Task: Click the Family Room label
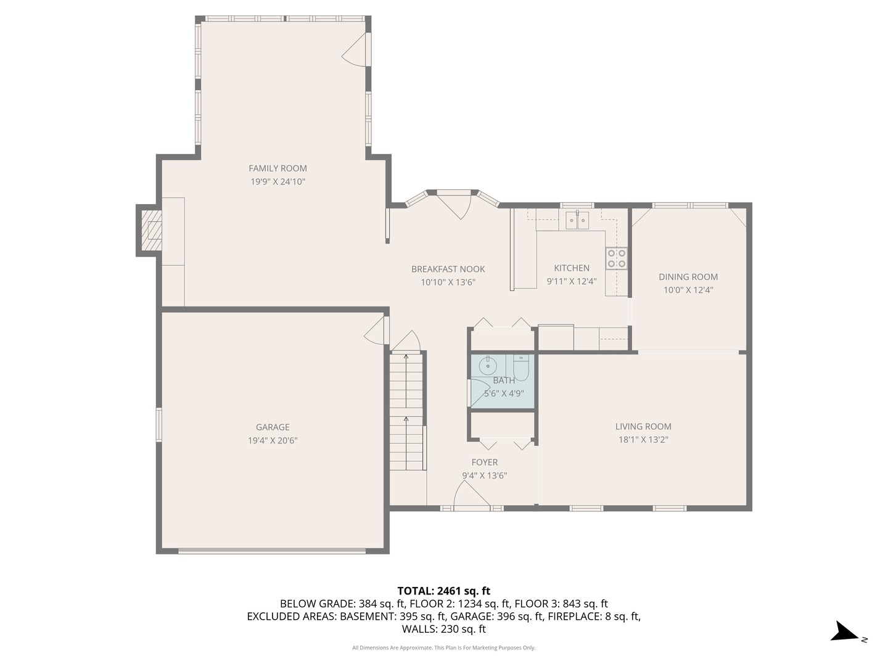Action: [x=277, y=168]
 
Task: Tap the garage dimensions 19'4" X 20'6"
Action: [x=273, y=440]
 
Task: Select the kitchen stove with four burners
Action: [x=616, y=258]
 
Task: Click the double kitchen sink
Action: [x=577, y=220]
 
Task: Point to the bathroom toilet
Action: [x=521, y=368]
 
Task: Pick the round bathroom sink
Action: [x=488, y=365]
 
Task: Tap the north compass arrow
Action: [x=844, y=633]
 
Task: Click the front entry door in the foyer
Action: [x=471, y=496]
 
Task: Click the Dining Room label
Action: [x=688, y=277]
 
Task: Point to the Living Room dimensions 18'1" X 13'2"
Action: [x=643, y=440]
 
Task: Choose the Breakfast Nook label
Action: [x=448, y=269]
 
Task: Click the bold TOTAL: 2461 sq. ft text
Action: [x=443, y=591]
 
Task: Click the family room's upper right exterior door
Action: [x=356, y=49]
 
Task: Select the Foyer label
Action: [x=484, y=462]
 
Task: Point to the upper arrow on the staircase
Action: [x=406, y=356]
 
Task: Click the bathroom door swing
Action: [x=479, y=393]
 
